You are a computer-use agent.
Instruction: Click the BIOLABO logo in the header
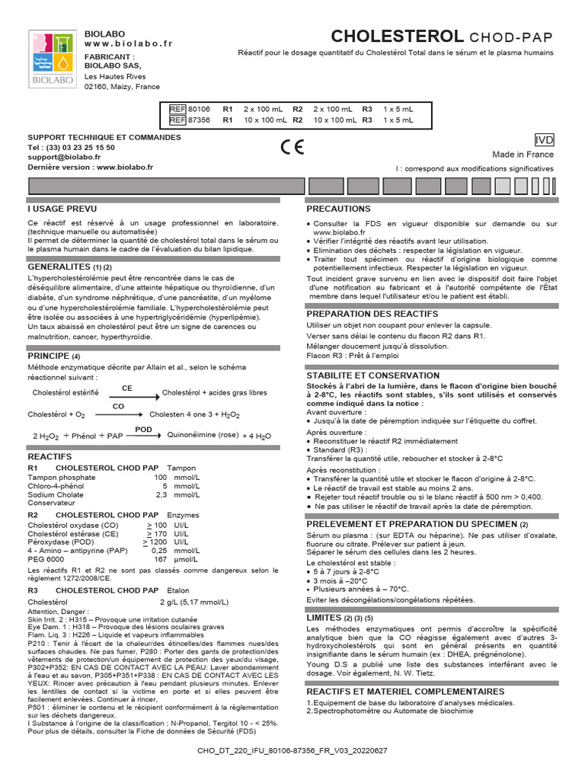pyautogui.click(x=51, y=59)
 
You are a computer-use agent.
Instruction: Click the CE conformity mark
pyautogui.click(x=292, y=148)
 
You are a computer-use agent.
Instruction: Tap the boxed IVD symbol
pyautogui.click(x=545, y=139)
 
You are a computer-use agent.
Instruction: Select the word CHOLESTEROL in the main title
pyautogui.click(x=396, y=37)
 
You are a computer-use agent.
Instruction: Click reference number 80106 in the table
pyautogui.click(x=199, y=110)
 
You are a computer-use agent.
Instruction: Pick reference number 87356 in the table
pyautogui.click(x=199, y=120)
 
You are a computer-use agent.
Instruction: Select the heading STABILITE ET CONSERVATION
pyautogui.click(x=372, y=376)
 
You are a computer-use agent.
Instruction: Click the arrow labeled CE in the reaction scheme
pyautogui.click(x=129, y=395)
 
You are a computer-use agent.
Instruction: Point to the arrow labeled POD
pyautogui.click(x=143, y=436)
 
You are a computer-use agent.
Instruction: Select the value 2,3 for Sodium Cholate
pyautogui.click(x=161, y=494)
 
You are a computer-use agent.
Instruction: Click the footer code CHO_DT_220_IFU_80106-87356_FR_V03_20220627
pyautogui.click(x=292, y=750)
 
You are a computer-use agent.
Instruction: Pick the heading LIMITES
pyautogui.click(x=324, y=618)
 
